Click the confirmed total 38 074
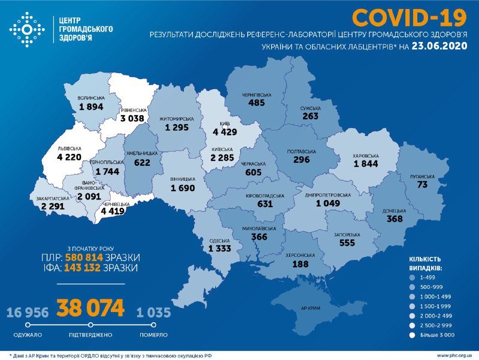91,308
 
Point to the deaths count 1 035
153,312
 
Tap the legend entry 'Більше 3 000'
438,336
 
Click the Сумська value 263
311,117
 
